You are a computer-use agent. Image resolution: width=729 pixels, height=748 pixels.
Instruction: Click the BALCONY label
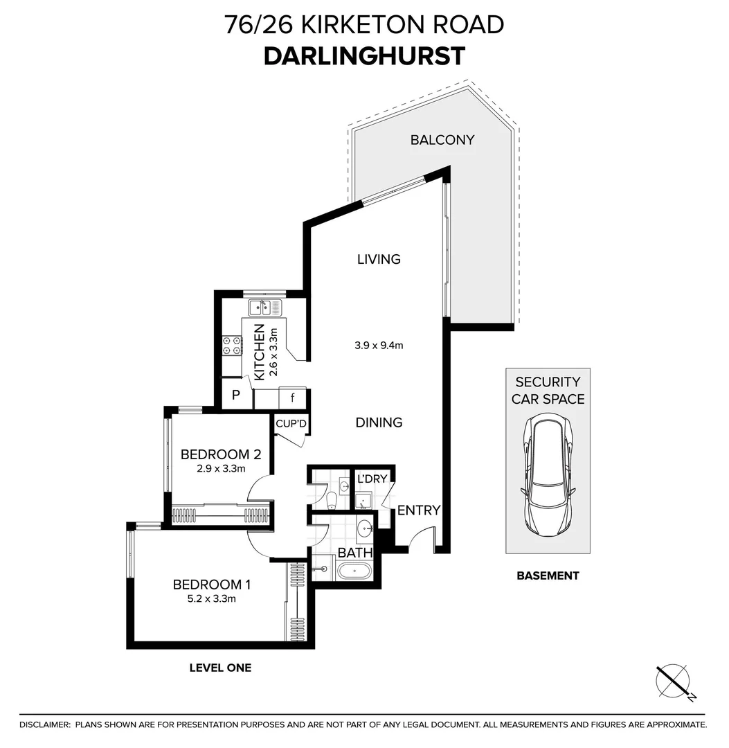pos(442,140)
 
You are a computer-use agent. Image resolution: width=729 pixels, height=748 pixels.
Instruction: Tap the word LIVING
pos(379,259)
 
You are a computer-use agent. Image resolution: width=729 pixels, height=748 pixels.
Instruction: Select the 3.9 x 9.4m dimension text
pos(379,345)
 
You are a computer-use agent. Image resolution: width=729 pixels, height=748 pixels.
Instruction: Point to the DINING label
pos(379,422)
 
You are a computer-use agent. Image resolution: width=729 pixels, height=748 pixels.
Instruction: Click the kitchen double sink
pos(265,308)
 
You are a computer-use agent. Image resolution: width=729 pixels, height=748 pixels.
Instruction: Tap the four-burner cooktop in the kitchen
pos(232,346)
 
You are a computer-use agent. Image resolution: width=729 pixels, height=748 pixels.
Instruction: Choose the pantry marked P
pos(236,395)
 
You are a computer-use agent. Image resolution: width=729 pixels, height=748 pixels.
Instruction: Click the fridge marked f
pos(292,398)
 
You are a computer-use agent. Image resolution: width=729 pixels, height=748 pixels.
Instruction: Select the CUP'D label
pos(291,424)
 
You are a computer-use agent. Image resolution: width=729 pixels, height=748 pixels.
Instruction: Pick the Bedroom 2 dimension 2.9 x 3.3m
pos(222,468)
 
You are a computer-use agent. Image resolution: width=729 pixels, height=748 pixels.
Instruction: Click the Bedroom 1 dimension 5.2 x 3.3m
pos(212,598)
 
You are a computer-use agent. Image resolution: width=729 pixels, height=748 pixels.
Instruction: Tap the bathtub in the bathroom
pos(354,571)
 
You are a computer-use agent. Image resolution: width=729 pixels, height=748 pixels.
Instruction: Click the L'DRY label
pos(372,479)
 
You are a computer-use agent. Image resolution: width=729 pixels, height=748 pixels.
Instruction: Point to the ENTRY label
pos(419,510)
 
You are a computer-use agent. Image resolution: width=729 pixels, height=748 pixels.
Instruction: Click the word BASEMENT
pos(548,576)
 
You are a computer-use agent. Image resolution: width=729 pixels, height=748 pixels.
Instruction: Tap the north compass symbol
pos(673,682)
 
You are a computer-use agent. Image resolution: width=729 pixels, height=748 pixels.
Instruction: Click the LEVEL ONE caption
pos(220,668)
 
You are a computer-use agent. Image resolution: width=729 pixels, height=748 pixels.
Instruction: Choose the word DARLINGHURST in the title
pos(364,56)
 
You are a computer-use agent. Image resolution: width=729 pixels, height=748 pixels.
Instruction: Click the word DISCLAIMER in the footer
pos(44,725)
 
